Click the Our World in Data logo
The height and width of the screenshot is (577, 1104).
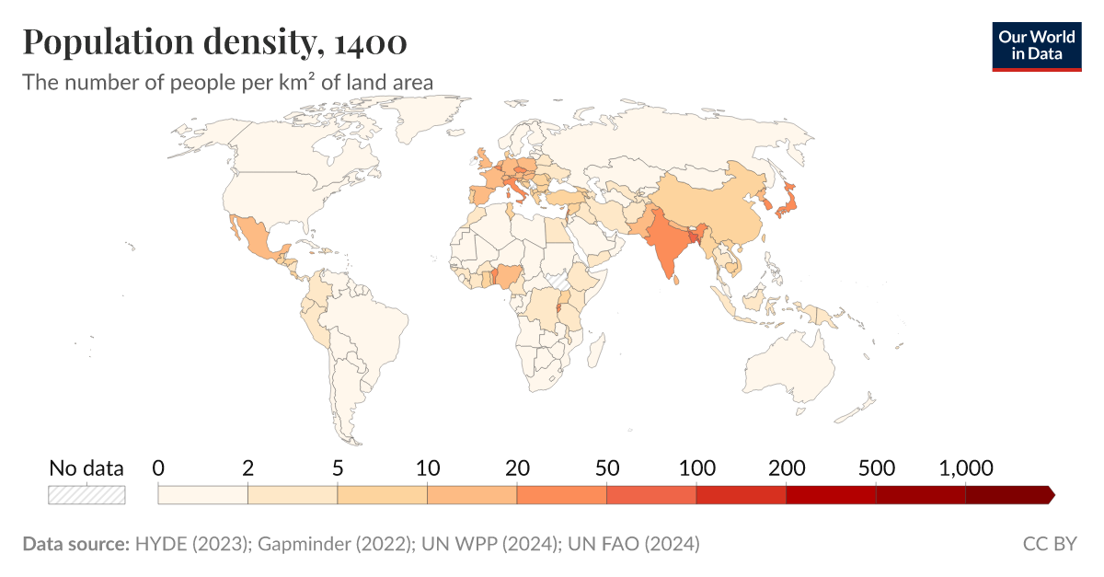pyautogui.click(x=1036, y=44)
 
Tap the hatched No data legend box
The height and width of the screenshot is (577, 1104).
pyautogui.click(x=86, y=495)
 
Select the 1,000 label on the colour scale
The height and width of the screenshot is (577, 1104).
pyautogui.click(x=965, y=467)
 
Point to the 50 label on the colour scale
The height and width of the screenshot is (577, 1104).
pyautogui.click(x=606, y=467)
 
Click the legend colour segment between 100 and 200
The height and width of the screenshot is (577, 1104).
pyautogui.click(x=741, y=495)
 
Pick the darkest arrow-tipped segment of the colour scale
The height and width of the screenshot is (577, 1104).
pyautogui.click(x=1008, y=495)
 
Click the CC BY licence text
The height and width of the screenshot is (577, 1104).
pyautogui.click(x=1049, y=544)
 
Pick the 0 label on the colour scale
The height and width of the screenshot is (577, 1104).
pyautogui.click(x=158, y=467)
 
